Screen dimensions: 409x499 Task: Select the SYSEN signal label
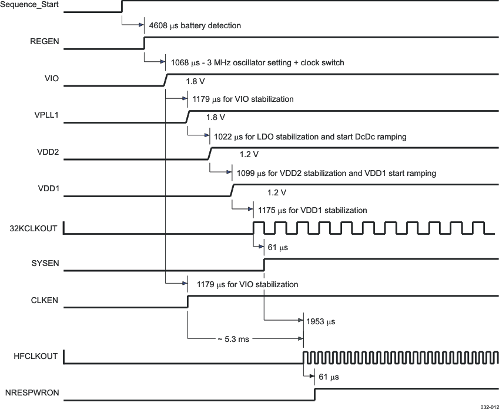click(45, 264)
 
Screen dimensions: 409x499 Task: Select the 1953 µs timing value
click(320, 322)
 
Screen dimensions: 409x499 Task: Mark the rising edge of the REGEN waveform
click(145, 43)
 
